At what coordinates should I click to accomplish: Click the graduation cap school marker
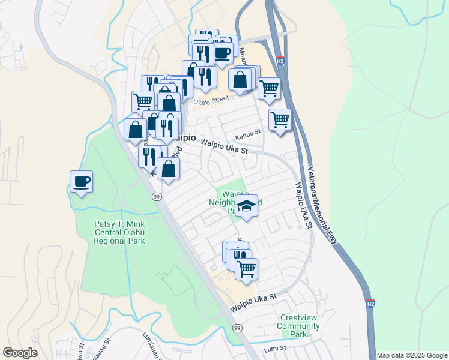pos(246,206)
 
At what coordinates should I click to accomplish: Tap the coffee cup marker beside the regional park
pos(81,181)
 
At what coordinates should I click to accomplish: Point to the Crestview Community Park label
pos(298,325)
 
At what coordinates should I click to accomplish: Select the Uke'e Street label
pos(211,101)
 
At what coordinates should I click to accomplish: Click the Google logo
pos(20,353)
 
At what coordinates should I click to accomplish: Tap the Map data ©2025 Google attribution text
pos(411,355)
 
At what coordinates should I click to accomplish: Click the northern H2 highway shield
pos(280,61)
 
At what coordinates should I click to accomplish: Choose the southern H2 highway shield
pos(370,304)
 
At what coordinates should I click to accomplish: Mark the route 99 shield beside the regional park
pos(156,196)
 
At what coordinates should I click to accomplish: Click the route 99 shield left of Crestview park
pos(238,328)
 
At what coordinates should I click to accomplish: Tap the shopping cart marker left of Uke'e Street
pos(143,100)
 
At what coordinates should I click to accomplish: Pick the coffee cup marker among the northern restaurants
pos(223,52)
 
